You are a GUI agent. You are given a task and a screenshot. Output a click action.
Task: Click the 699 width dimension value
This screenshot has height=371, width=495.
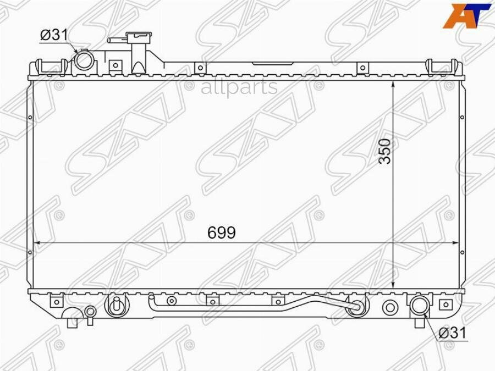222,233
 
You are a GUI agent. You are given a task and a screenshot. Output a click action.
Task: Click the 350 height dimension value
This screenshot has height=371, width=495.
386,151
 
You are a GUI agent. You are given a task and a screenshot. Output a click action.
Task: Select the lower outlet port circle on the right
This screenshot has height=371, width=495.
419,306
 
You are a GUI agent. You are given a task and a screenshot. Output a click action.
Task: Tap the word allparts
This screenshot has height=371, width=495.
239,87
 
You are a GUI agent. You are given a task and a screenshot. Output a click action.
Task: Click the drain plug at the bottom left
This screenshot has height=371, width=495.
90,313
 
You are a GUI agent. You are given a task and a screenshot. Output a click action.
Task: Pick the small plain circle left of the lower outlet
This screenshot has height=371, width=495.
390,307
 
